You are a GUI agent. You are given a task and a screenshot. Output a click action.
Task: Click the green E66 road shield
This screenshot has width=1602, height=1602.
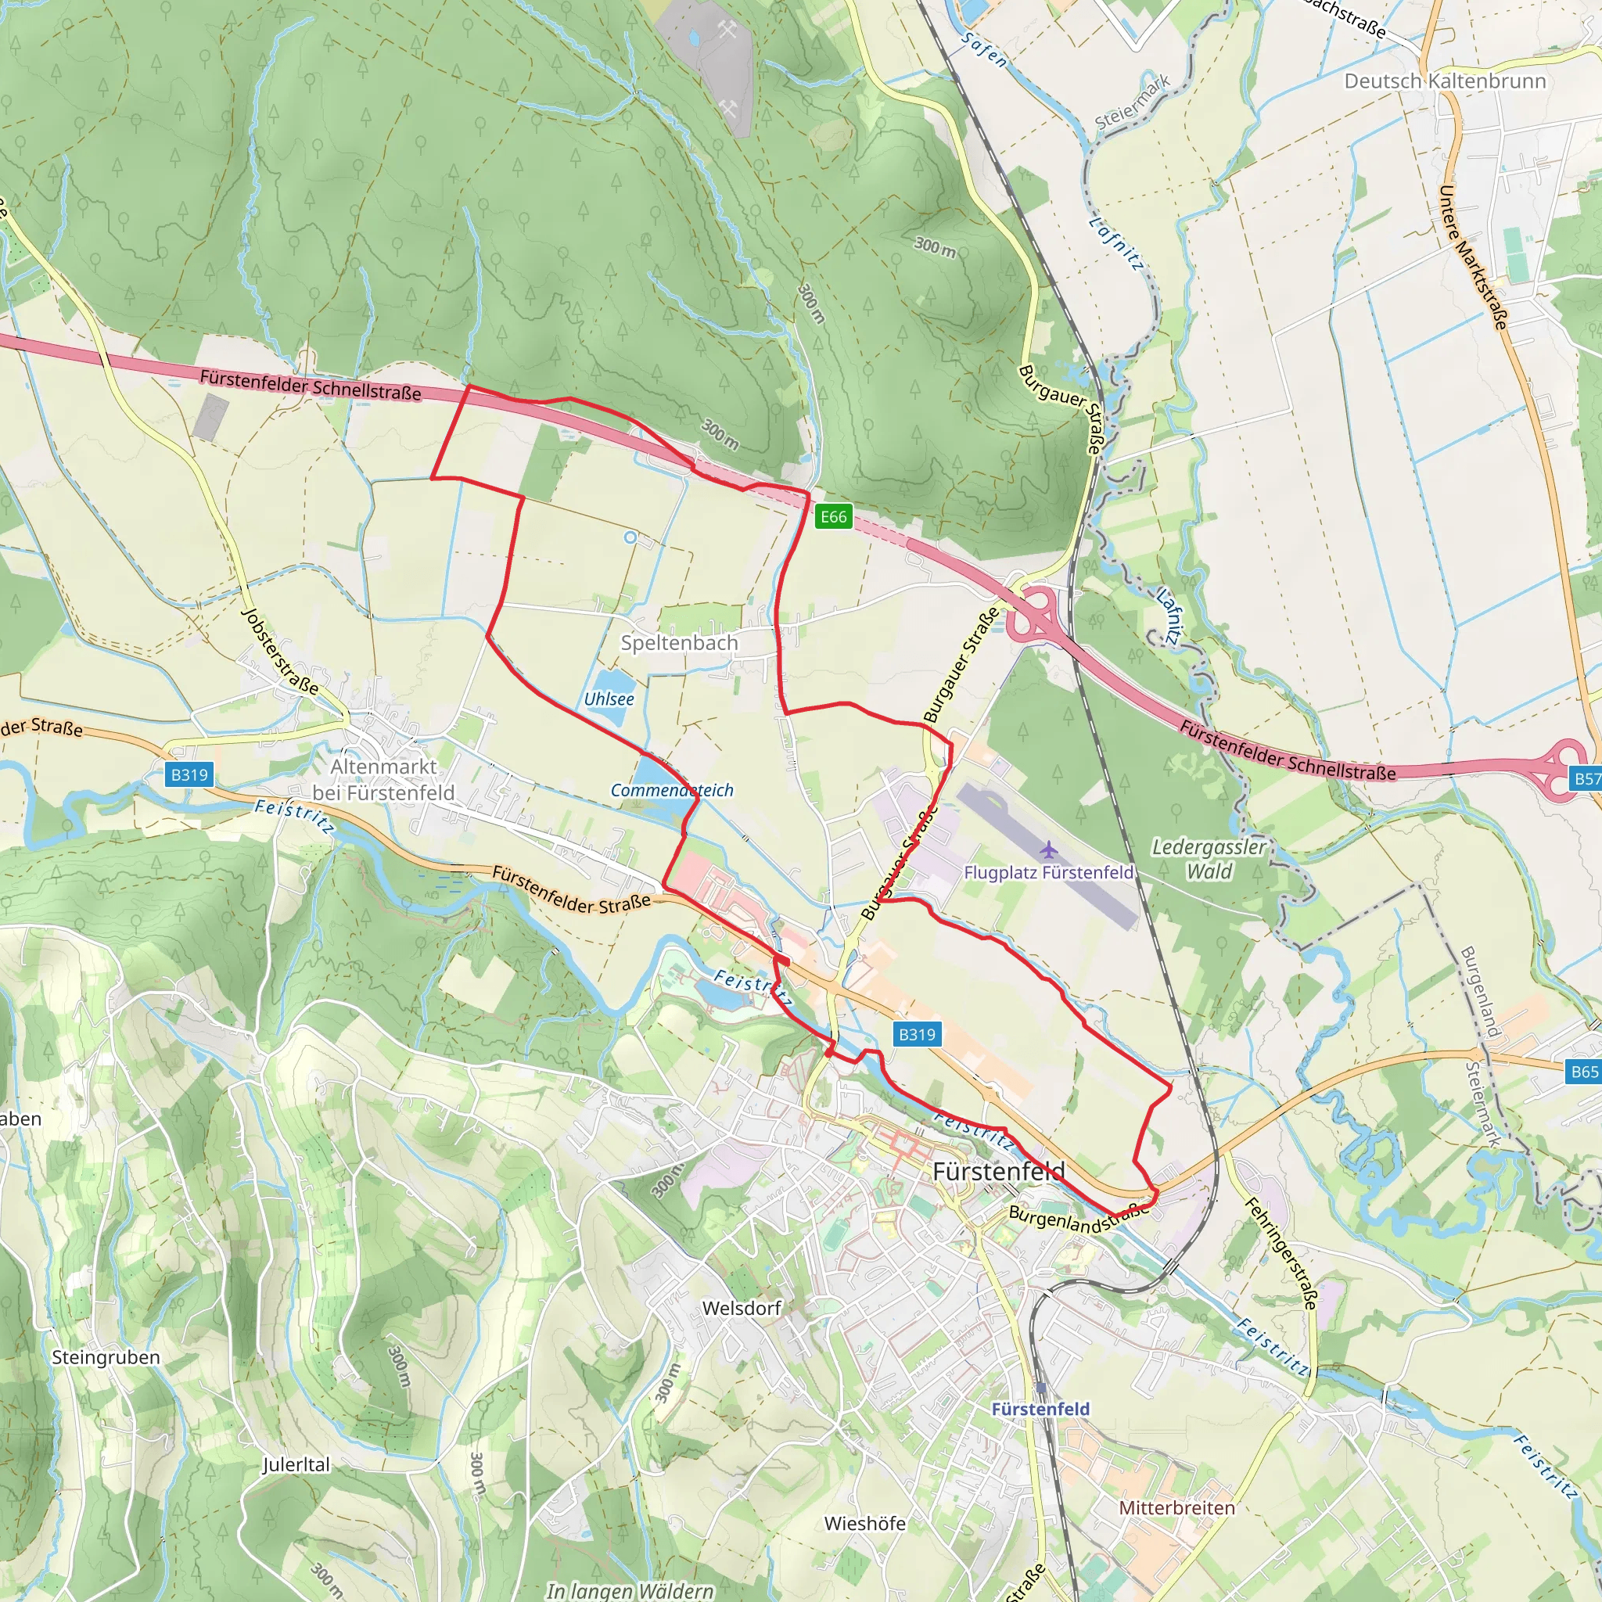tap(833, 516)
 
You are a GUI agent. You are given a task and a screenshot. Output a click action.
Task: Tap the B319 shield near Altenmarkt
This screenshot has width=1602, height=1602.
tap(189, 774)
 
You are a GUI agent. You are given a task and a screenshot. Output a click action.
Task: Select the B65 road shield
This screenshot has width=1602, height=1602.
tap(1584, 1072)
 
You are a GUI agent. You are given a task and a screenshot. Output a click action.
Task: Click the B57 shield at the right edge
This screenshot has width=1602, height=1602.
tap(1586, 778)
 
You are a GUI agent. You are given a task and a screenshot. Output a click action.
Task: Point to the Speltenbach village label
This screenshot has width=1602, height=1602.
tap(679, 643)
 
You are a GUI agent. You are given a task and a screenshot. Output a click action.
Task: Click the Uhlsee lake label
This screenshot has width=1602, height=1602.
tap(609, 699)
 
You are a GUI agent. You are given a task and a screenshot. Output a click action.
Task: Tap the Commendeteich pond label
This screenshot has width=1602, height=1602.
tap(672, 790)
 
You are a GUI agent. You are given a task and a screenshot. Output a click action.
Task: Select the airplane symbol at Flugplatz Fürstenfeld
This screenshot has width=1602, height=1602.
tap(1049, 850)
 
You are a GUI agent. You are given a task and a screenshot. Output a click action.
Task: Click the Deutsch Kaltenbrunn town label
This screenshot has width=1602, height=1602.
tap(1445, 81)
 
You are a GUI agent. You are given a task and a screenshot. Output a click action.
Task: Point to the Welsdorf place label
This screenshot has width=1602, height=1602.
tap(742, 1308)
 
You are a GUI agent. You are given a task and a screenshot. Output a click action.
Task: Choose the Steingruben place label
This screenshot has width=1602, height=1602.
tap(106, 1357)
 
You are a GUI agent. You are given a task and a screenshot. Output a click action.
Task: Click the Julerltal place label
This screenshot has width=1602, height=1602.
tap(296, 1464)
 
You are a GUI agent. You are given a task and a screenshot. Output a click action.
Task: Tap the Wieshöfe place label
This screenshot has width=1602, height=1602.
tap(864, 1523)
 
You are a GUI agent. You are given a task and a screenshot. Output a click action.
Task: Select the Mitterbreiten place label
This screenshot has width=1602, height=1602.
tap(1176, 1507)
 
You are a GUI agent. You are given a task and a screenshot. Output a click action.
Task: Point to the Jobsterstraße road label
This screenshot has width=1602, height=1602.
tap(279, 651)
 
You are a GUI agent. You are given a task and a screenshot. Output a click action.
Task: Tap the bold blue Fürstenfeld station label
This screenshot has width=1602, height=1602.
tap(1040, 1409)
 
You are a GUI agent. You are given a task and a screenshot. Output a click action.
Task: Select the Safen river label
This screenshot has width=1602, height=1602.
tap(984, 50)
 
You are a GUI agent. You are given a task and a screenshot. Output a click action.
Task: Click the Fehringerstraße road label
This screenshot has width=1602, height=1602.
tap(1281, 1253)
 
